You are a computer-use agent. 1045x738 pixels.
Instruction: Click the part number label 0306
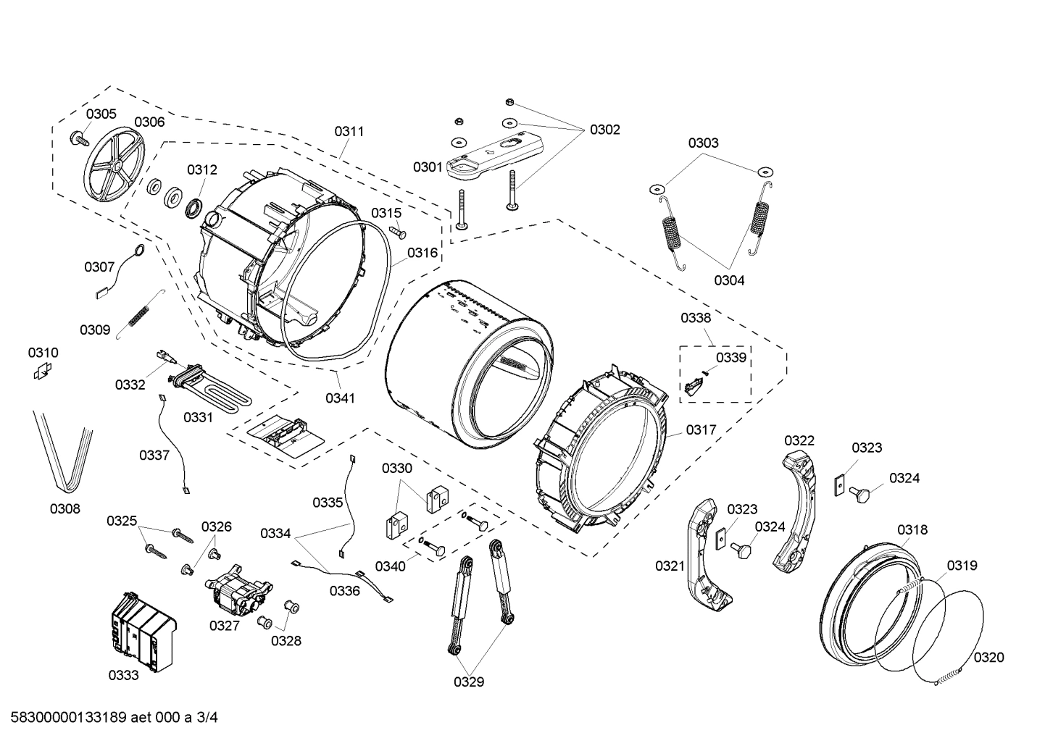[x=149, y=122]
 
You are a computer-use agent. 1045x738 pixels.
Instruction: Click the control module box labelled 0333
[x=143, y=629]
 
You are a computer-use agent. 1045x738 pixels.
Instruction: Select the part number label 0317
[x=701, y=429]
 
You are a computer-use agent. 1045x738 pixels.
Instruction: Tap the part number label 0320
[x=988, y=657]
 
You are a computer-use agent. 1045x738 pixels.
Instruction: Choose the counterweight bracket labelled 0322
[x=796, y=506]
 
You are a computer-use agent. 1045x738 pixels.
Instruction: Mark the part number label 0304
[x=728, y=280]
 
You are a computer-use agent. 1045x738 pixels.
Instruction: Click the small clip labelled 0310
[x=43, y=372]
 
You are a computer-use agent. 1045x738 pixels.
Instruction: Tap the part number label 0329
[x=469, y=682]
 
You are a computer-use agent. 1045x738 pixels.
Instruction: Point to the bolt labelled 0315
[x=399, y=231]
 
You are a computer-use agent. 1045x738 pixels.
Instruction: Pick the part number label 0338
[x=696, y=317]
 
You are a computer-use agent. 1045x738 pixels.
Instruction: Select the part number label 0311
[x=349, y=131]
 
